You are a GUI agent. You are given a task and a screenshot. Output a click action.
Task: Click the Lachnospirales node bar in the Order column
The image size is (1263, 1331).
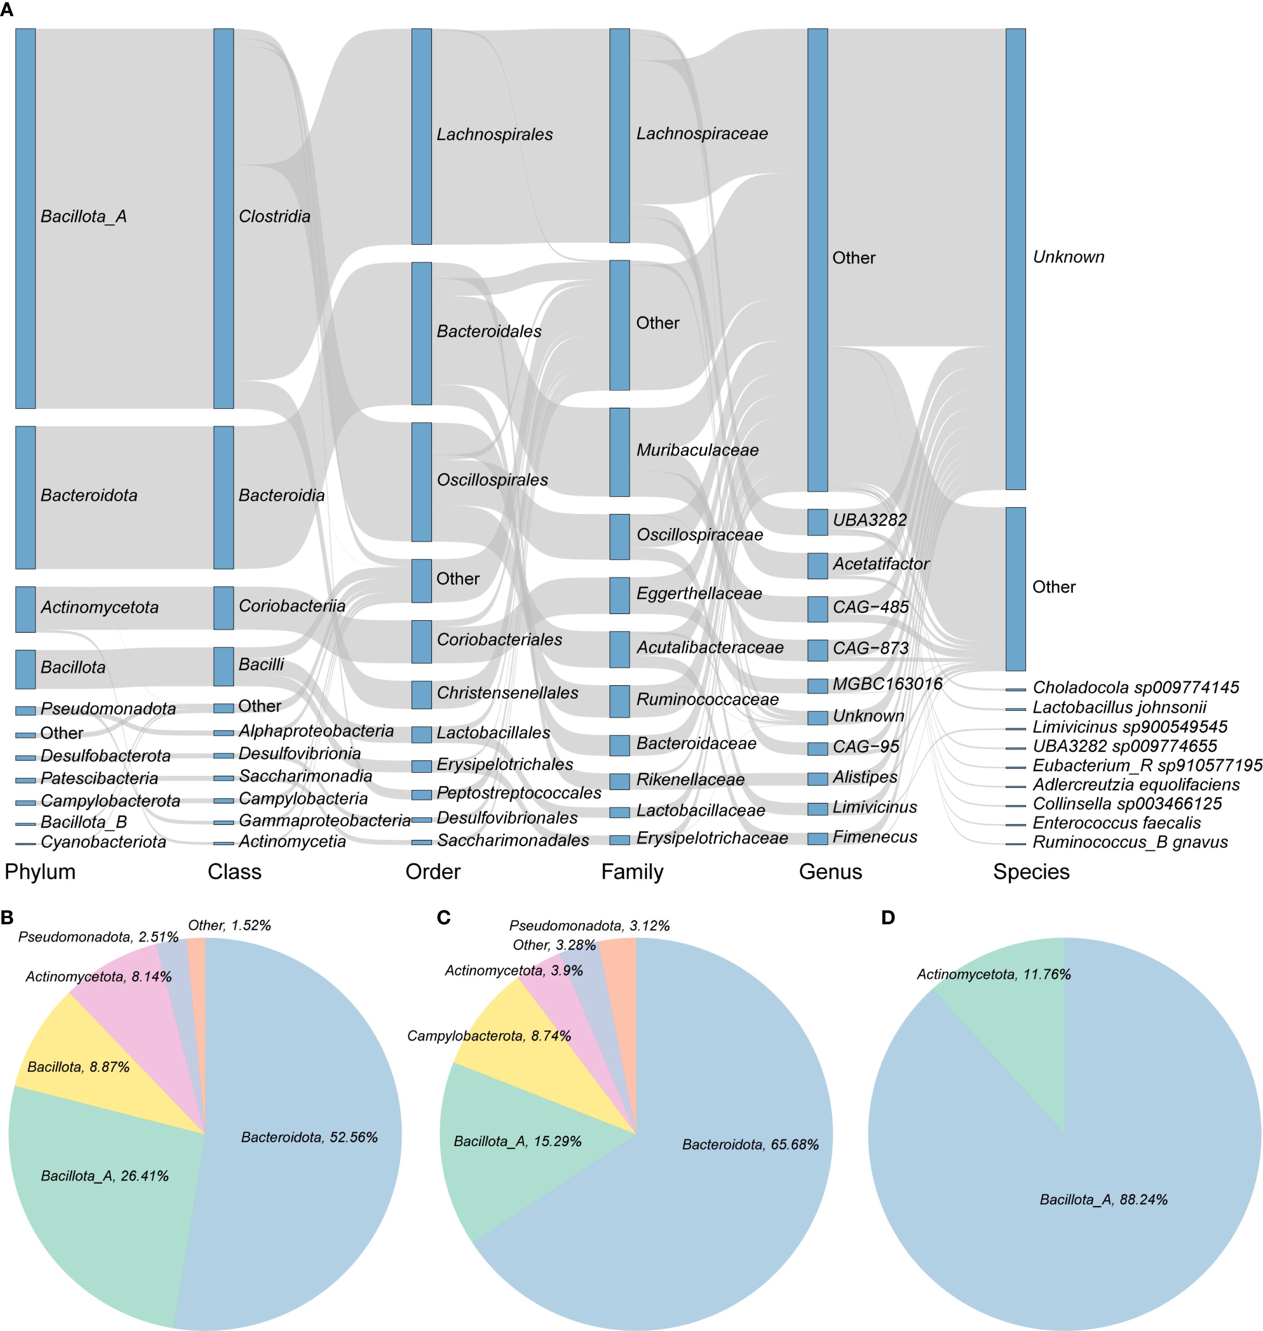point(421,136)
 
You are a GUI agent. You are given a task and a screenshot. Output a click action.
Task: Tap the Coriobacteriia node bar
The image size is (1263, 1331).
point(223,608)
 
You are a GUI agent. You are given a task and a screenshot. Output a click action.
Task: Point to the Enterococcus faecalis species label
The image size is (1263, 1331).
point(1116,823)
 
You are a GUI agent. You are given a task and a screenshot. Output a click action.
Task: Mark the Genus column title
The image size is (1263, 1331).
point(830,872)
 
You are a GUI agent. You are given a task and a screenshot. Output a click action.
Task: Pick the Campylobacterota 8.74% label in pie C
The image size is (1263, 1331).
point(489,1036)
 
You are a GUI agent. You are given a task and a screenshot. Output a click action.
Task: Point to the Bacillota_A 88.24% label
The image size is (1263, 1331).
point(1103,1200)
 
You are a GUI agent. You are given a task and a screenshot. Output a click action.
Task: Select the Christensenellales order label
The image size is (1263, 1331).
point(507,693)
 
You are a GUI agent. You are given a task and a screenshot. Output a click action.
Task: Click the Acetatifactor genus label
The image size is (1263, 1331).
point(880,564)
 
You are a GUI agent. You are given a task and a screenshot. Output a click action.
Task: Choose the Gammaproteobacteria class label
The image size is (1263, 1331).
point(324,821)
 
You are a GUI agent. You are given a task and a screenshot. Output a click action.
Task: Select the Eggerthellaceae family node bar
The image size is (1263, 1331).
point(619,595)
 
